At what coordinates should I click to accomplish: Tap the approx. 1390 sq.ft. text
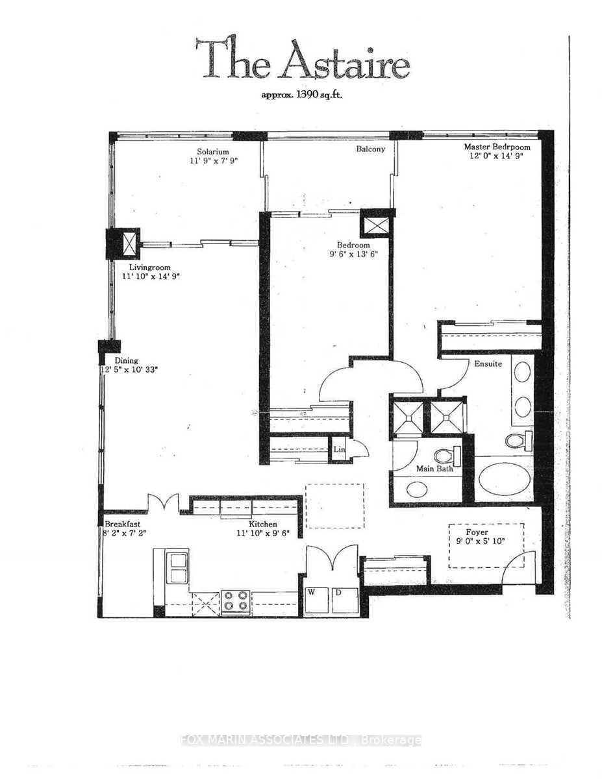[302, 95]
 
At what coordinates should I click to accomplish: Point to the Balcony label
[370, 149]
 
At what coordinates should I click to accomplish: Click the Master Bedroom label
[497, 147]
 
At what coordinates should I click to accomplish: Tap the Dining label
[127, 361]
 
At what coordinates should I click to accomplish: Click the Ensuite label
[487, 364]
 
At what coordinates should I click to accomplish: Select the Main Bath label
[434, 468]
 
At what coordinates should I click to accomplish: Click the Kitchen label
[264, 524]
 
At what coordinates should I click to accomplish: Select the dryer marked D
[344, 601]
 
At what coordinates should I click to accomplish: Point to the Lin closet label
[338, 449]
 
